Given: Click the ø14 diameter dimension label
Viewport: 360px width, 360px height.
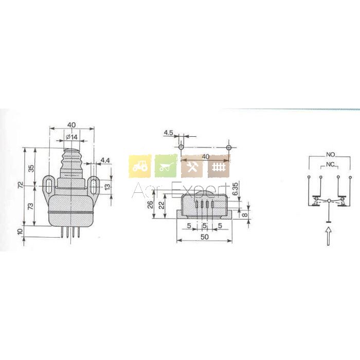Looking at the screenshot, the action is pos(71,137).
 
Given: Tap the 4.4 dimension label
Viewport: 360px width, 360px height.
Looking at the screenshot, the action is pos(105,160).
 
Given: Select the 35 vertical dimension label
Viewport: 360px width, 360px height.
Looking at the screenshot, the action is pos(31,168).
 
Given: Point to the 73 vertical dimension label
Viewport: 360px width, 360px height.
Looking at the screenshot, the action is pos(30,206).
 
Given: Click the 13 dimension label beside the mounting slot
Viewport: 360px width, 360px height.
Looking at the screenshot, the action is pos(107,187).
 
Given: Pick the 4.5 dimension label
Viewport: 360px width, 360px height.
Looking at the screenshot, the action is pos(168,133).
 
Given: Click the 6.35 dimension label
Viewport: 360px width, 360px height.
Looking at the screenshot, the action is pos(236,189).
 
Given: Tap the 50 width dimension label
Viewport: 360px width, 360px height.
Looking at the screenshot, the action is pos(205,237).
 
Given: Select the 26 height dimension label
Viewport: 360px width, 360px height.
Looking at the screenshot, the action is pos(150,204).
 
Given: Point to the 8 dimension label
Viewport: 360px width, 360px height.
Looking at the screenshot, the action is pos(245,214).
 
